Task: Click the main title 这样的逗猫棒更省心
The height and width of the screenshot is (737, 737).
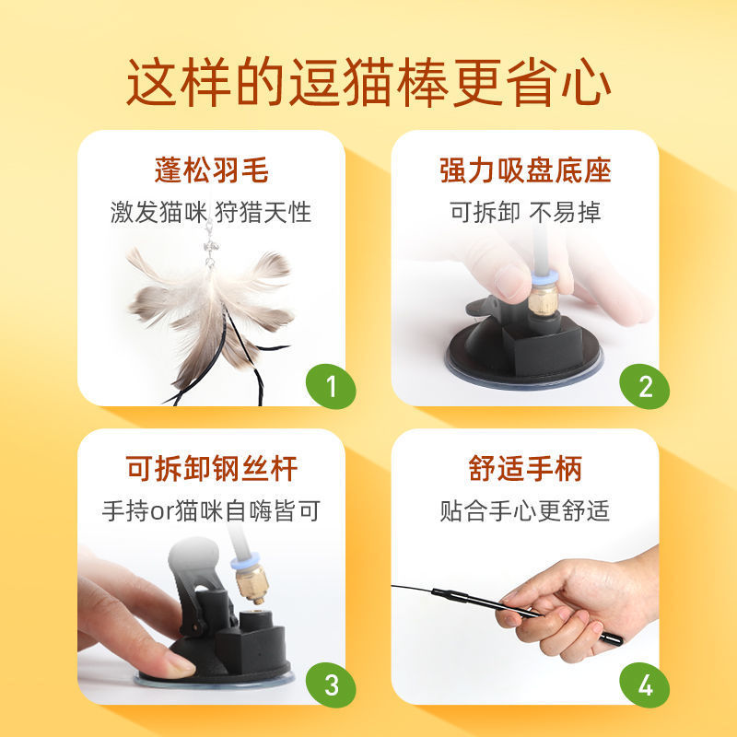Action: pyautogui.click(x=368, y=83)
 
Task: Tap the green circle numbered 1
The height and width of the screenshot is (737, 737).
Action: pyautogui.click(x=331, y=386)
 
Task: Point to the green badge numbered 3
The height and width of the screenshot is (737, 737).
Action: pyautogui.click(x=331, y=684)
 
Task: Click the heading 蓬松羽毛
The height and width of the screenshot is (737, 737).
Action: pyautogui.click(x=212, y=170)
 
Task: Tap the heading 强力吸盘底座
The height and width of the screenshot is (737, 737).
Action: pyautogui.click(x=525, y=170)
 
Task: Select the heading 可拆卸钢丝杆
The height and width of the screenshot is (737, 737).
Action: pyautogui.click(x=212, y=468)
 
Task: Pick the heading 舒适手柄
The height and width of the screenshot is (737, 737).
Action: pyautogui.click(x=525, y=468)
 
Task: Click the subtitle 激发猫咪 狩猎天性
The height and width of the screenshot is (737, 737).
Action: pyautogui.click(x=211, y=212)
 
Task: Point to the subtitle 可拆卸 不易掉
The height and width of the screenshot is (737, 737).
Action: pyautogui.click(x=525, y=212)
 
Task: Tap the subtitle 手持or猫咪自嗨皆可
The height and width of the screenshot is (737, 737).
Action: pyautogui.click(x=211, y=510)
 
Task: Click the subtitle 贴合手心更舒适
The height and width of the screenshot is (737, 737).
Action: pyautogui.click(x=525, y=510)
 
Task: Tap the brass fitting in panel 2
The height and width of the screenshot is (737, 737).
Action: pyautogui.click(x=544, y=298)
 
